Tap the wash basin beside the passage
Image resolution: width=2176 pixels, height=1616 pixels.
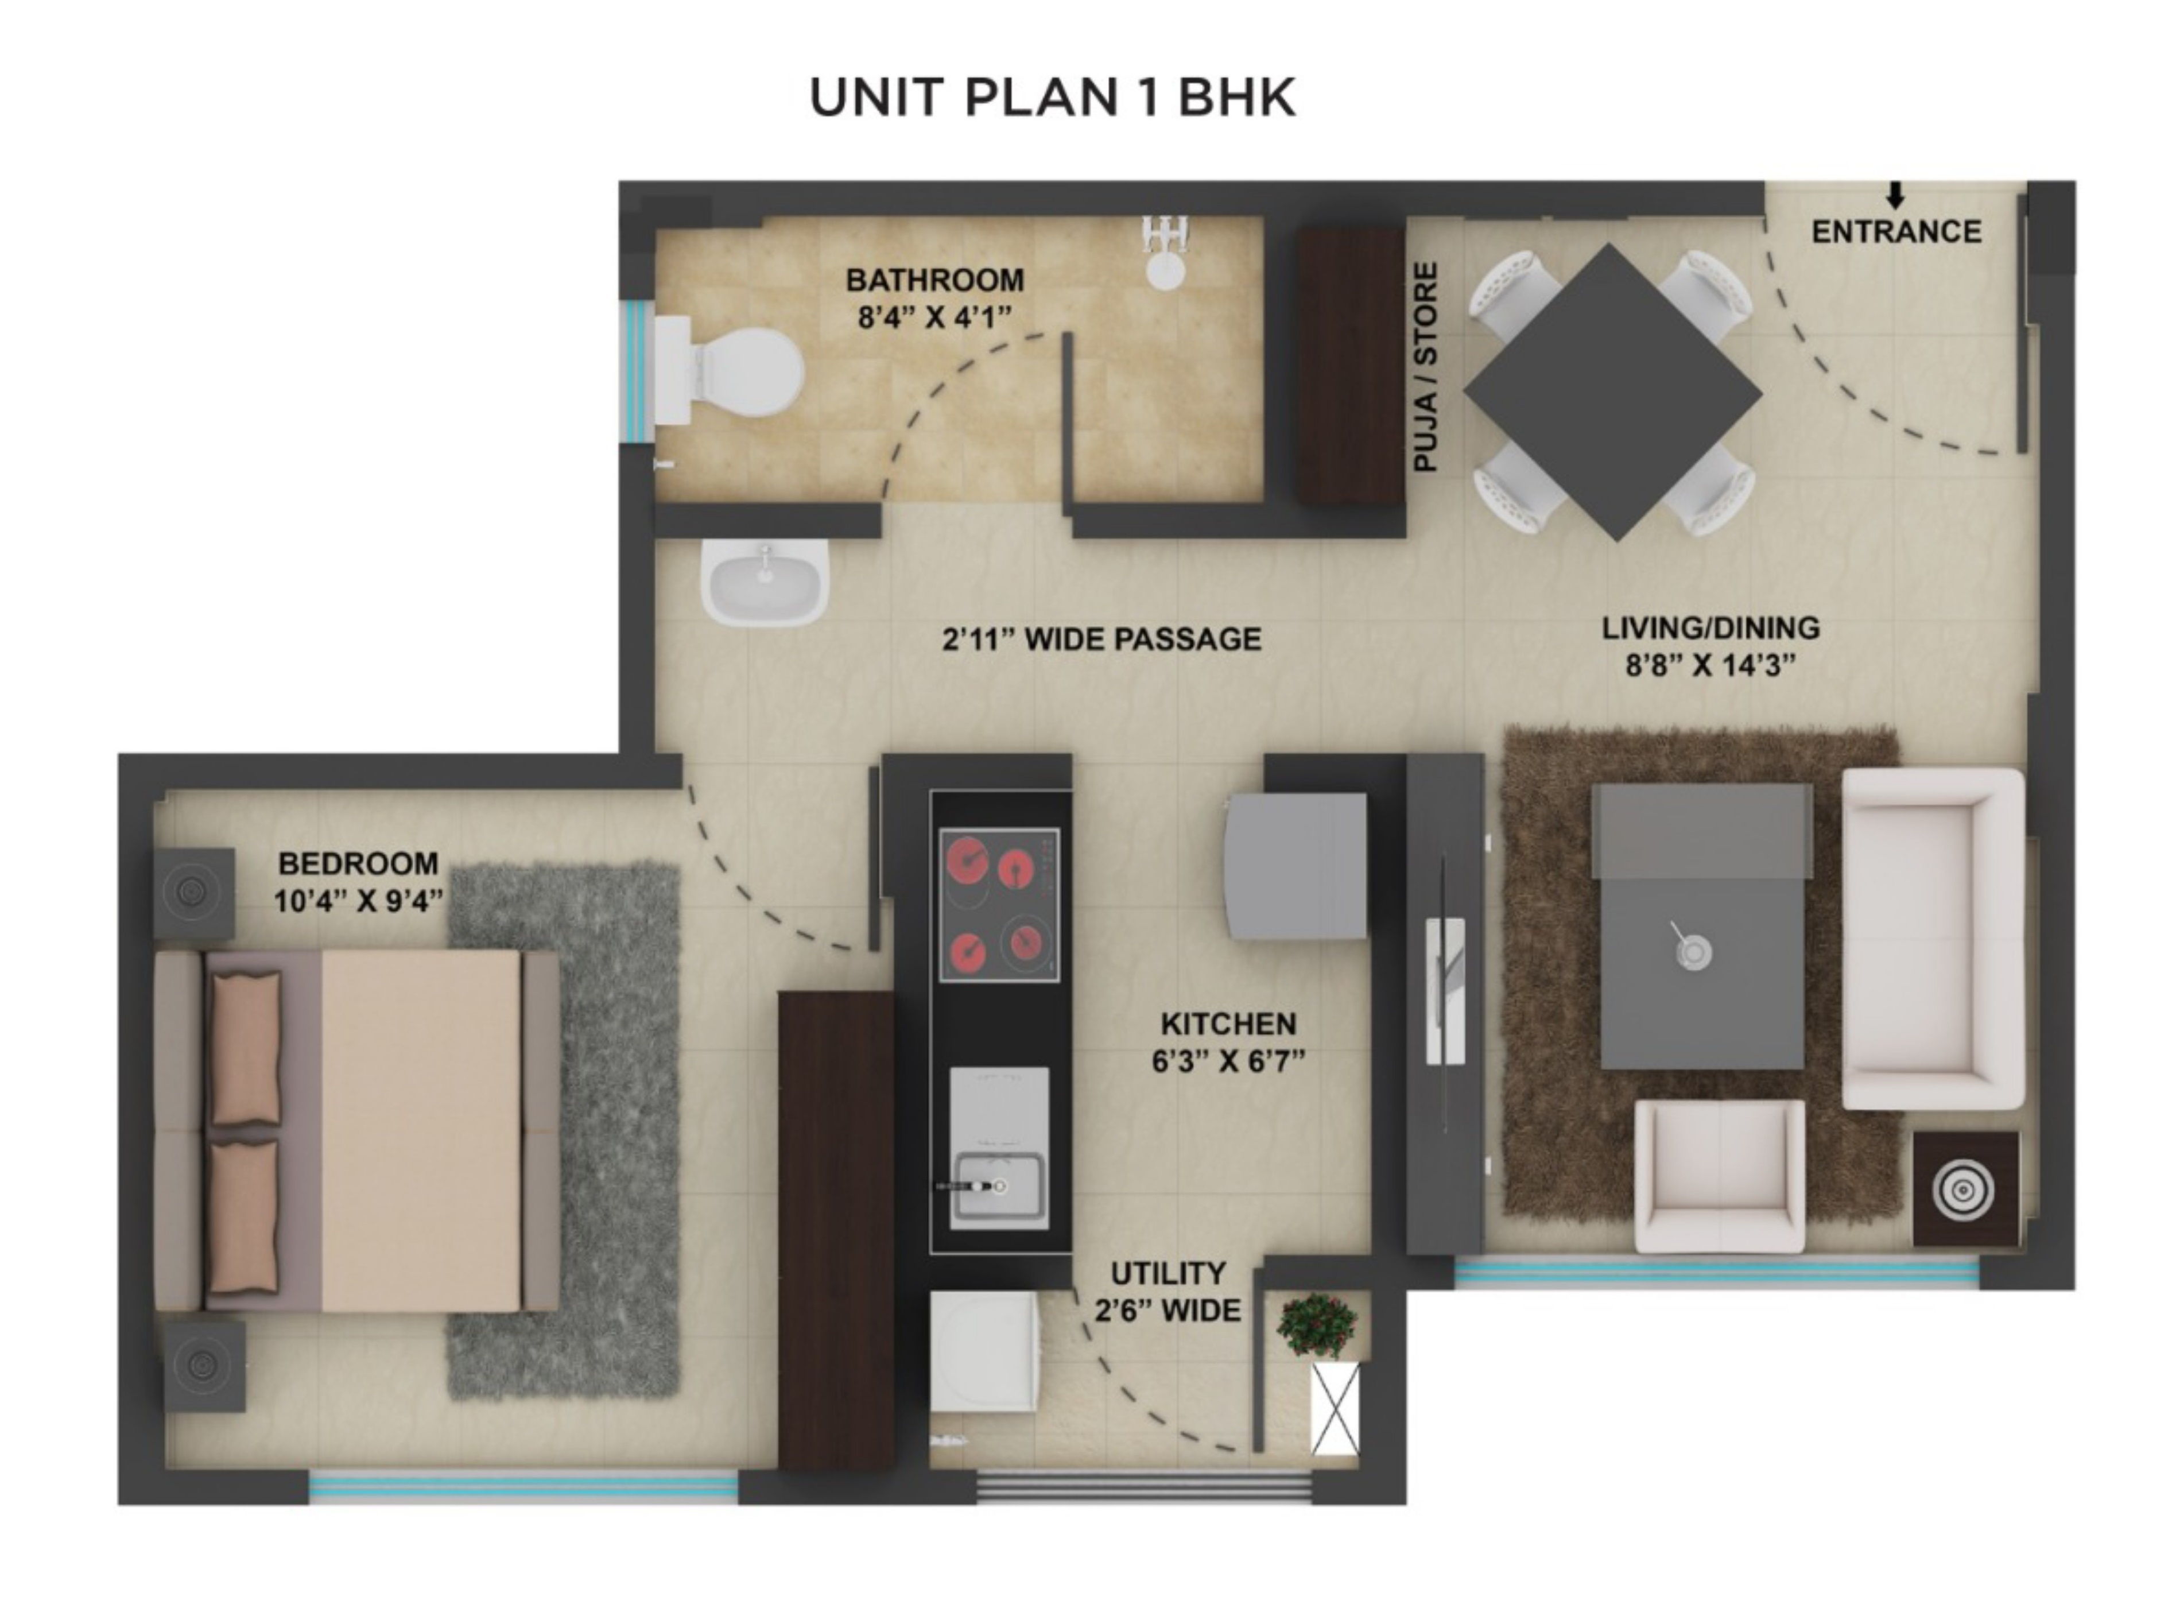(x=764, y=584)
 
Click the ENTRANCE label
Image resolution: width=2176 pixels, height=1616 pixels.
(x=1895, y=232)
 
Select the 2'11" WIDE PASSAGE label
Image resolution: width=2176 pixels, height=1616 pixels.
(x=1101, y=640)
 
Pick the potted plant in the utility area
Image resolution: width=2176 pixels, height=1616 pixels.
(x=1316, y=1324)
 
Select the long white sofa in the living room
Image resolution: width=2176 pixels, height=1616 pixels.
(x=1931, y=939)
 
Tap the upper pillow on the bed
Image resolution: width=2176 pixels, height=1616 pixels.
(x=246, y=1048)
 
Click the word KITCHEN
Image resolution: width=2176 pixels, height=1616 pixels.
(x=1228, y=1024)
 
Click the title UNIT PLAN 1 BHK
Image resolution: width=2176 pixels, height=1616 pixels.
(x=1052, y=98)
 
